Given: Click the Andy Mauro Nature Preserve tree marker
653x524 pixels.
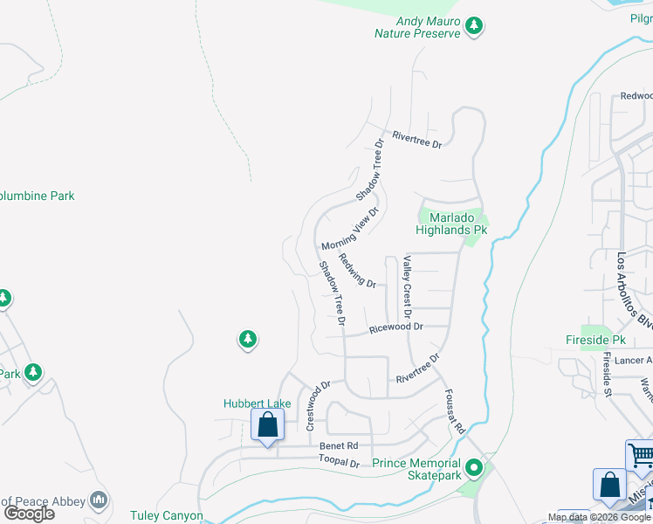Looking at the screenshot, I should pos(474,26).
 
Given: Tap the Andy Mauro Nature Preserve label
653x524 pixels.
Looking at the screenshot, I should pos(416,27).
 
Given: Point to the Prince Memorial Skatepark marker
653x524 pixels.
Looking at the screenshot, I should pos(474,469).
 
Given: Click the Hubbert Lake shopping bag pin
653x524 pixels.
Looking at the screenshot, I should pos(267,425).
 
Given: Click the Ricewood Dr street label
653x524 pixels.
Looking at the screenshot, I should pos(395,327).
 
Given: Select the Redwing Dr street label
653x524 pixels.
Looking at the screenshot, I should pos(356,272).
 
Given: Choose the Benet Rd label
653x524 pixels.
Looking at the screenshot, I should pos(339,445).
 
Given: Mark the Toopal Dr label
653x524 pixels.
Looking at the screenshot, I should pos(339,463).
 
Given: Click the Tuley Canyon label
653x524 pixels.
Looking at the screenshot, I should pos(167,516).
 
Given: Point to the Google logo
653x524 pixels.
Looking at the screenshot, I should pos(30,514).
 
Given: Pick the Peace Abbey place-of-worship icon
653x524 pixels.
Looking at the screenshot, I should pos(100,500).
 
